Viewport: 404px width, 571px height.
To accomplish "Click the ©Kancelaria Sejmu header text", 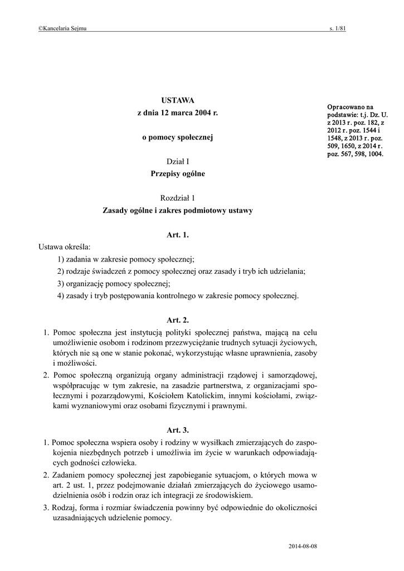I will [62, 29].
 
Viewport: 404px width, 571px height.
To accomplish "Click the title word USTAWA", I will [178, 100].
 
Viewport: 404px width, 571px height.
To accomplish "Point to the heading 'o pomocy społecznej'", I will [178, 137].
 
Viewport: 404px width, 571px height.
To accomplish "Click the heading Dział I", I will [178, 161].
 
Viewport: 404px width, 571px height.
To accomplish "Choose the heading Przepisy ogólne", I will [178, 173].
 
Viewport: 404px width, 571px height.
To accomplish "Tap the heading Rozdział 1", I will [178, 198].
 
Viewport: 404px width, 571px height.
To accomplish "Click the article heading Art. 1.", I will [178, 235].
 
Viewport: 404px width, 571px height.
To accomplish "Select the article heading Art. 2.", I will [178, 320].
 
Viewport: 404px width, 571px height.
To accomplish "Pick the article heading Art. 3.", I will [178, 430].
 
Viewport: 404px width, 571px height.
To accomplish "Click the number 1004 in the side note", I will [374, 154].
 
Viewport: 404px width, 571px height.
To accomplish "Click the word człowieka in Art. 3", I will [114, 463].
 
